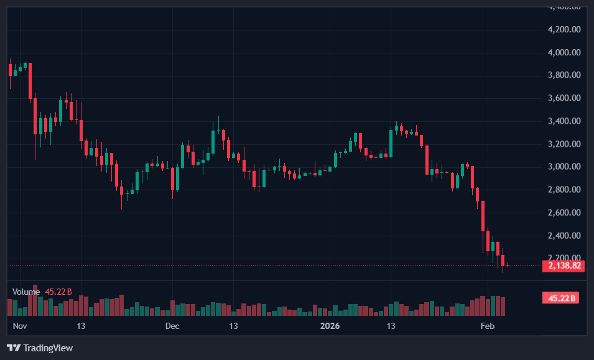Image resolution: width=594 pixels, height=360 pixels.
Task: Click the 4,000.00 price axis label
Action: pyautogui.click(x=564, y=52)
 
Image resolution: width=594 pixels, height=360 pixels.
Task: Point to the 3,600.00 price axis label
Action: pyautogui.click(x=564, y=98)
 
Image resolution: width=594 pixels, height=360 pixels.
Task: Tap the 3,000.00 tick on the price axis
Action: pyautogui.click(x=564, y=167)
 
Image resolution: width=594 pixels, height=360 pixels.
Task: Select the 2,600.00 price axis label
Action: pyautogui.click(x=564, y=213)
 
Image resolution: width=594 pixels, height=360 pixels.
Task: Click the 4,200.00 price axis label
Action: pyautogui.click(x=564, y=29)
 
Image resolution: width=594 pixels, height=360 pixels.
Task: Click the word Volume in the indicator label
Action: pyautogui.click(x=26, y=292)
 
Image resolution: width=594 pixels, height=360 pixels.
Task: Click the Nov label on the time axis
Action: pyautogui.click(x=21, y=326)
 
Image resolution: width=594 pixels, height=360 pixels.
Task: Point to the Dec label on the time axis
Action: pyautogui.click(x=172, y=326)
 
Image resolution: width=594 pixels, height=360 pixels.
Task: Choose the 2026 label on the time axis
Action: pyautogui.click(x=330, y=326)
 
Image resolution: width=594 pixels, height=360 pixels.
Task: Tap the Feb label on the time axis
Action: pyautogui.click(x=488, y=326)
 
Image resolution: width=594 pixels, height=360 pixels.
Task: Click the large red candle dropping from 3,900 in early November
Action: pyautogui.click(x=30, y=81)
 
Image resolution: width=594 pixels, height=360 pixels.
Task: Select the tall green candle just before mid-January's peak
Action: pyautogui.click(x=391, y=142)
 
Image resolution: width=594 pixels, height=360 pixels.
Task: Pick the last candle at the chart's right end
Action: pyautogui.click(x=508, y=265)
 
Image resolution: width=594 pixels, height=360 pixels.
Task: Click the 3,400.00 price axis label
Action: pyautogui.click(x=564, y=121)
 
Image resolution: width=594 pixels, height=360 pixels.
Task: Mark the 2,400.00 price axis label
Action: pyautogui.click(x=564, y=236)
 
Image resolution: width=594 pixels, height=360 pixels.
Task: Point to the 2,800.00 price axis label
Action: pyautogui.click(x=564, y=190)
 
